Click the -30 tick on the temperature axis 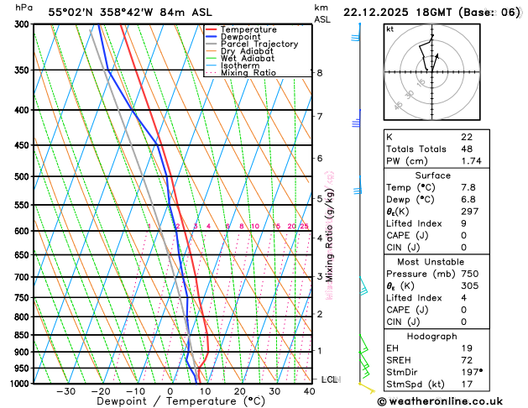click(x=65, y=390)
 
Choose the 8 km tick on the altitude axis click(x=320, y=73)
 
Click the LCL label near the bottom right click(x=329, y=379)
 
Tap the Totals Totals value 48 click(x=466, y=149)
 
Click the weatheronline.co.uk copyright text click(x=451, y=400)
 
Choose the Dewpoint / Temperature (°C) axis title click(x=169, y=401)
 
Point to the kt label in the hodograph click(x=389, y=29)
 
